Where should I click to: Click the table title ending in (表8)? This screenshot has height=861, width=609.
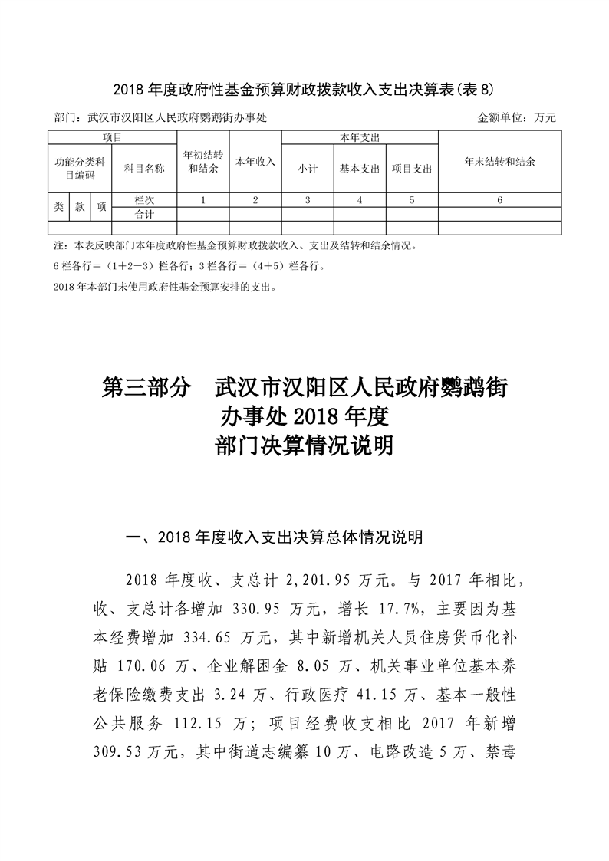coord(304,90)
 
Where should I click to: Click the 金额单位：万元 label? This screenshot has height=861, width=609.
coord(515,118)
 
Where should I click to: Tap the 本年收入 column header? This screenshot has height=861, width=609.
coord(255,162)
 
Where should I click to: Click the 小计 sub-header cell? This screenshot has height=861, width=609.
coord(308,169)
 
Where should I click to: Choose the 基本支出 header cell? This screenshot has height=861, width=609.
coord(360,169)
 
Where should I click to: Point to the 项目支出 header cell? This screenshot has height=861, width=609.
coord(412,169)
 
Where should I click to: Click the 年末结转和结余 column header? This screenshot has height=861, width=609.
coord(499,162)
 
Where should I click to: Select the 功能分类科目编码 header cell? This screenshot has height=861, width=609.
coord(80,169)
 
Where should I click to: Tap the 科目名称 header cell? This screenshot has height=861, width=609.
coord(144,169)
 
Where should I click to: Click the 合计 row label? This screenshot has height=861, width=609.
coord(144,214)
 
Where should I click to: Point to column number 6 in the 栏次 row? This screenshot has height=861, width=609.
coord(499,200)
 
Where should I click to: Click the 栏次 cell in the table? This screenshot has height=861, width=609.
coord(144,200)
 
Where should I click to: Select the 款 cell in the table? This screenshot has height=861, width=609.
coord(80,207)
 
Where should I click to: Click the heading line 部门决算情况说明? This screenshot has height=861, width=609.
coord(304,445)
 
